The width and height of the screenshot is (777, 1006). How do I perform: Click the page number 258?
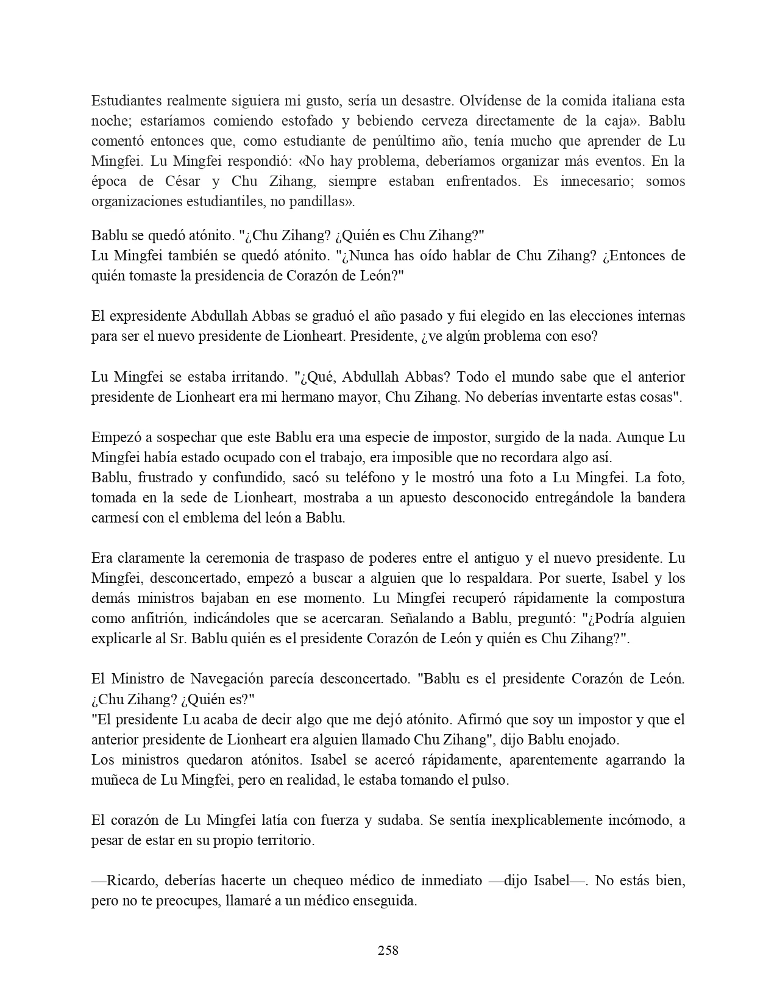(388, 950)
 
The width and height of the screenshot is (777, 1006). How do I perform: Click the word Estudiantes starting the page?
(126, 101)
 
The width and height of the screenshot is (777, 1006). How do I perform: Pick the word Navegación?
(227, 679)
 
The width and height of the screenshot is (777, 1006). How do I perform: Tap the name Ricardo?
(132, 880)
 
